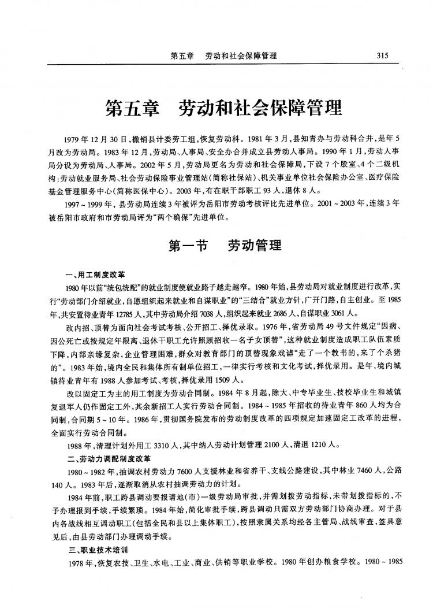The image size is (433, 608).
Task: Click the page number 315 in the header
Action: (382, 55)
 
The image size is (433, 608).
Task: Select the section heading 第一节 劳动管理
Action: (225, 247)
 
